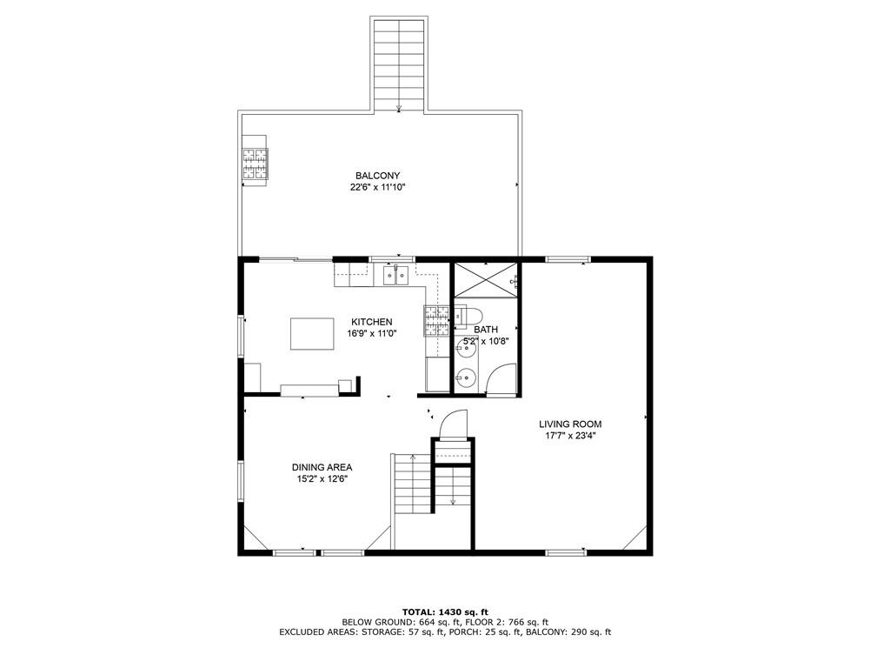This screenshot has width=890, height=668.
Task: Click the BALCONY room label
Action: click(x=377, y=176)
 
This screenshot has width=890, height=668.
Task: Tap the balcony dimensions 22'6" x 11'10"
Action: click(x=377, y=187)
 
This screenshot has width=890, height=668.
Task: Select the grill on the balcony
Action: click(x=255, y=163)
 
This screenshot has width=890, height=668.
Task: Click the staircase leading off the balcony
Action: click(x=399, y=63)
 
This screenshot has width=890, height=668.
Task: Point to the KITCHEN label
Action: click(x=371, y=322)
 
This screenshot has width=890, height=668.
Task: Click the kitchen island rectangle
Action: click(x=312, y=333)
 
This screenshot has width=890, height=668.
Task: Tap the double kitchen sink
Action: click(x=396, y=276)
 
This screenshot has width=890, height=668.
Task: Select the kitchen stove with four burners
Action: click(x=436, y=321)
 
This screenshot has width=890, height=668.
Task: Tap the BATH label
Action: click(x=485, y=330)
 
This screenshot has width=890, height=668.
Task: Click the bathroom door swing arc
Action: click(x=501, y=381)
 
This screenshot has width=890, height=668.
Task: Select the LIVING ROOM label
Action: click(x=569, y=424)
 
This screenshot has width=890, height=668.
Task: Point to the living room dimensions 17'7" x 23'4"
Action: click(x=569, y=436)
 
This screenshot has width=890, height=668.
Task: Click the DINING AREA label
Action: click(x=322, y=467)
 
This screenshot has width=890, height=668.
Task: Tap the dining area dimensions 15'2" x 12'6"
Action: click(x=322, y=478)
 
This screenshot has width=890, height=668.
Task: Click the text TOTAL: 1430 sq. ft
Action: click(x=444, y=611)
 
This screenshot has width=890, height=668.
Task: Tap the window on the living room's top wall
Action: click(x=568, y=258)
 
